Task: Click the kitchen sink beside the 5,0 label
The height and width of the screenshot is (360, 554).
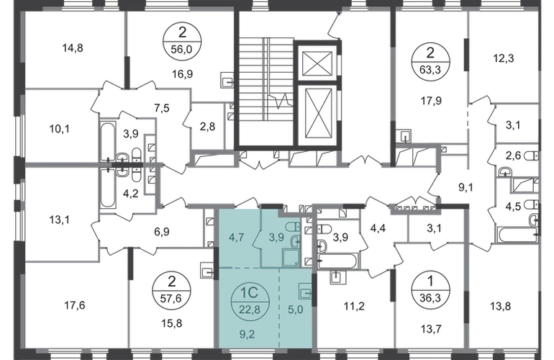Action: point(305,292)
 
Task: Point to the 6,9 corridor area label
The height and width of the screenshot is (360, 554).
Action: point(165,232)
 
